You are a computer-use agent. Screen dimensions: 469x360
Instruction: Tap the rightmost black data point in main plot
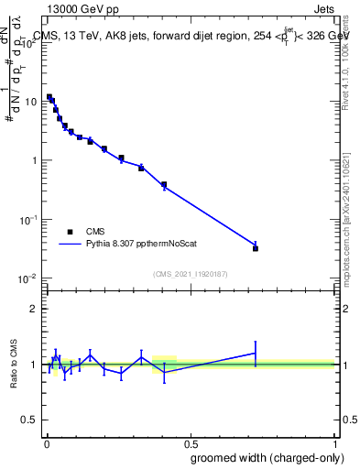(256, 248)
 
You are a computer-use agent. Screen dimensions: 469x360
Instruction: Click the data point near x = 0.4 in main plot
(164, 185)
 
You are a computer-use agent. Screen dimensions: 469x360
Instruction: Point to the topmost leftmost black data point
(49, 97)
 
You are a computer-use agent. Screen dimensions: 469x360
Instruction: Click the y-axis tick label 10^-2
(28, 278)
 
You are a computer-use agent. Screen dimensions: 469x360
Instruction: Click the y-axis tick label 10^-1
(28, 220)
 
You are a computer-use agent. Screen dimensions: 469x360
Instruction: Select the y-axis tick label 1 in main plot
(35, 160)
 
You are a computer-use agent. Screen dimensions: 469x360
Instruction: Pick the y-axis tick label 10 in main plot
(32, 102)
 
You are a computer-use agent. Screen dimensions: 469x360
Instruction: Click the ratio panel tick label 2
(35, 309)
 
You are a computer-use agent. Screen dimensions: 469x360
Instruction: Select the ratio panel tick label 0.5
(30, 420)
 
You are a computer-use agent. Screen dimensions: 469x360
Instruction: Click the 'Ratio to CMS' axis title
(14, 365)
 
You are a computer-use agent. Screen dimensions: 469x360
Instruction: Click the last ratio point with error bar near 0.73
(256, 353)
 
